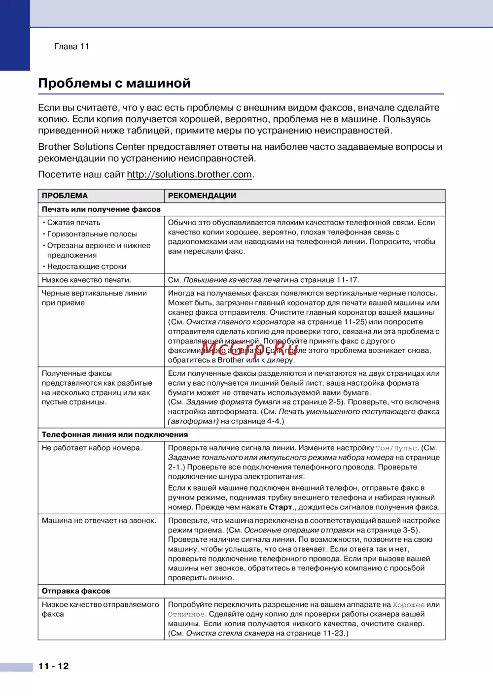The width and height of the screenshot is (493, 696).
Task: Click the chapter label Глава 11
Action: coord(71,47)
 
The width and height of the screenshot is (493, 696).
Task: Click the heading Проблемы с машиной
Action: coord(114,83)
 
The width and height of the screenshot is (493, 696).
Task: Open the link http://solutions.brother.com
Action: coord(189,174)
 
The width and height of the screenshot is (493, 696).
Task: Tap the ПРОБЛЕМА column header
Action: coord(65,196)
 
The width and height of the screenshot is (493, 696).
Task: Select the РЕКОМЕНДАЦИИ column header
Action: coord(202,196)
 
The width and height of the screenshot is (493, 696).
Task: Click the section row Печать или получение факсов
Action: coord(101,209)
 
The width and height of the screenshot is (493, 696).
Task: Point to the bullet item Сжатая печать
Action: coord(73,223)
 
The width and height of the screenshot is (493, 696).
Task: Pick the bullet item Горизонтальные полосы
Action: coord(92,234)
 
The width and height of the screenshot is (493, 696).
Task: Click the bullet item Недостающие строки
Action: coord(86,266)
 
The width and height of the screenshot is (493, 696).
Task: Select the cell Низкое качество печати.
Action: coord(86,280)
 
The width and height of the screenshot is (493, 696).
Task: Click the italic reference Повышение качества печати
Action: coord(236,280)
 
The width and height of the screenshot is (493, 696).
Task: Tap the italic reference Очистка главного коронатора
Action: coord(241,322)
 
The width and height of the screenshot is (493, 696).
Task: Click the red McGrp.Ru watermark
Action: coord(249,348)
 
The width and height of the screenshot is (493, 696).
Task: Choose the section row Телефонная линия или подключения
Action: coord(115,434)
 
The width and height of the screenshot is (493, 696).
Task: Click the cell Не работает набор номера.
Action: coord(92,448)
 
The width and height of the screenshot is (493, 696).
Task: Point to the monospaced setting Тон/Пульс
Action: coord(397,448)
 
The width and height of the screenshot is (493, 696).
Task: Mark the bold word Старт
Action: coord(281,507)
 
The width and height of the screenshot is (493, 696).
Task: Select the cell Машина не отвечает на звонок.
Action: coord(99,521)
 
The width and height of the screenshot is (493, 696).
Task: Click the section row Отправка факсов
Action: coord(76,591)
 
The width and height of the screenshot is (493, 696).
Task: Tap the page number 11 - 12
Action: coord(54,666)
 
